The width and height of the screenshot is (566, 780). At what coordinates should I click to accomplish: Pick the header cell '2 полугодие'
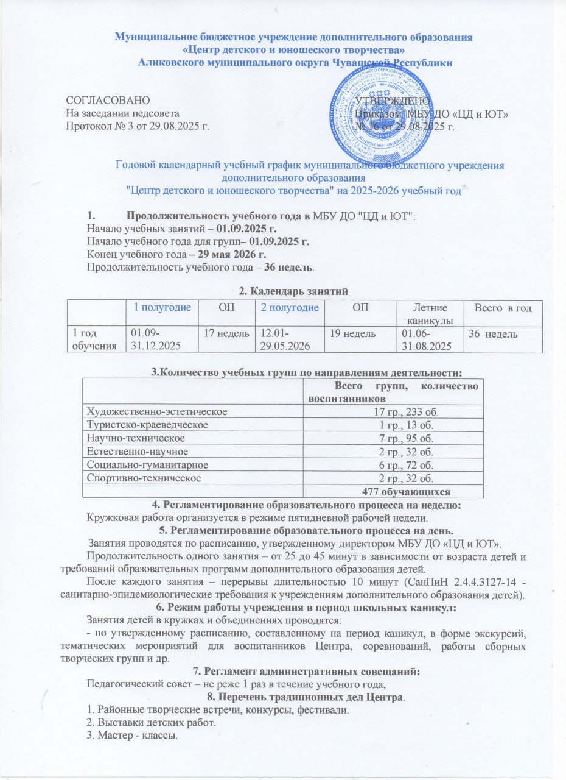point(290,308)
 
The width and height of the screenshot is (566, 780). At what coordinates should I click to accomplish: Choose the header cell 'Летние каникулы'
point(428,314)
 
